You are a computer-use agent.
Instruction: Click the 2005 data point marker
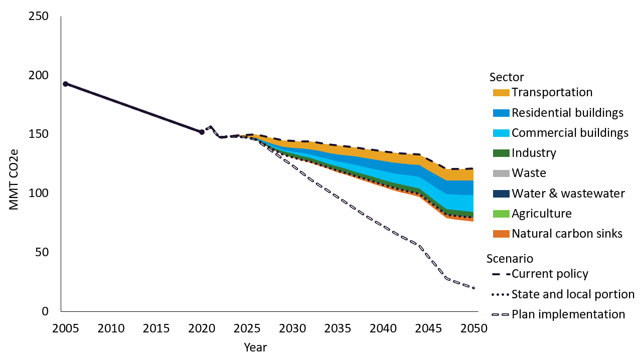[x=65, y=84]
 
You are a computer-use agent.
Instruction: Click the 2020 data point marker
[x=202, y=132]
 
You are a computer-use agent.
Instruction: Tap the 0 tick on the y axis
[x=45, y=311]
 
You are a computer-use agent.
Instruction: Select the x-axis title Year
[x=255, y=347]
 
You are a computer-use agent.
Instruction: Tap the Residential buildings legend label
[x=567, y=113]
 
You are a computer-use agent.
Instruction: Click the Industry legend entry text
[x=534, y=153]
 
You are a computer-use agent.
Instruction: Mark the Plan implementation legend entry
[x=568, y=314]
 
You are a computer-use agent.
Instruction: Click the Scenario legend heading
[x=510, y=259]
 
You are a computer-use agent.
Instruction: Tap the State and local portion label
[x=573, y=294]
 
